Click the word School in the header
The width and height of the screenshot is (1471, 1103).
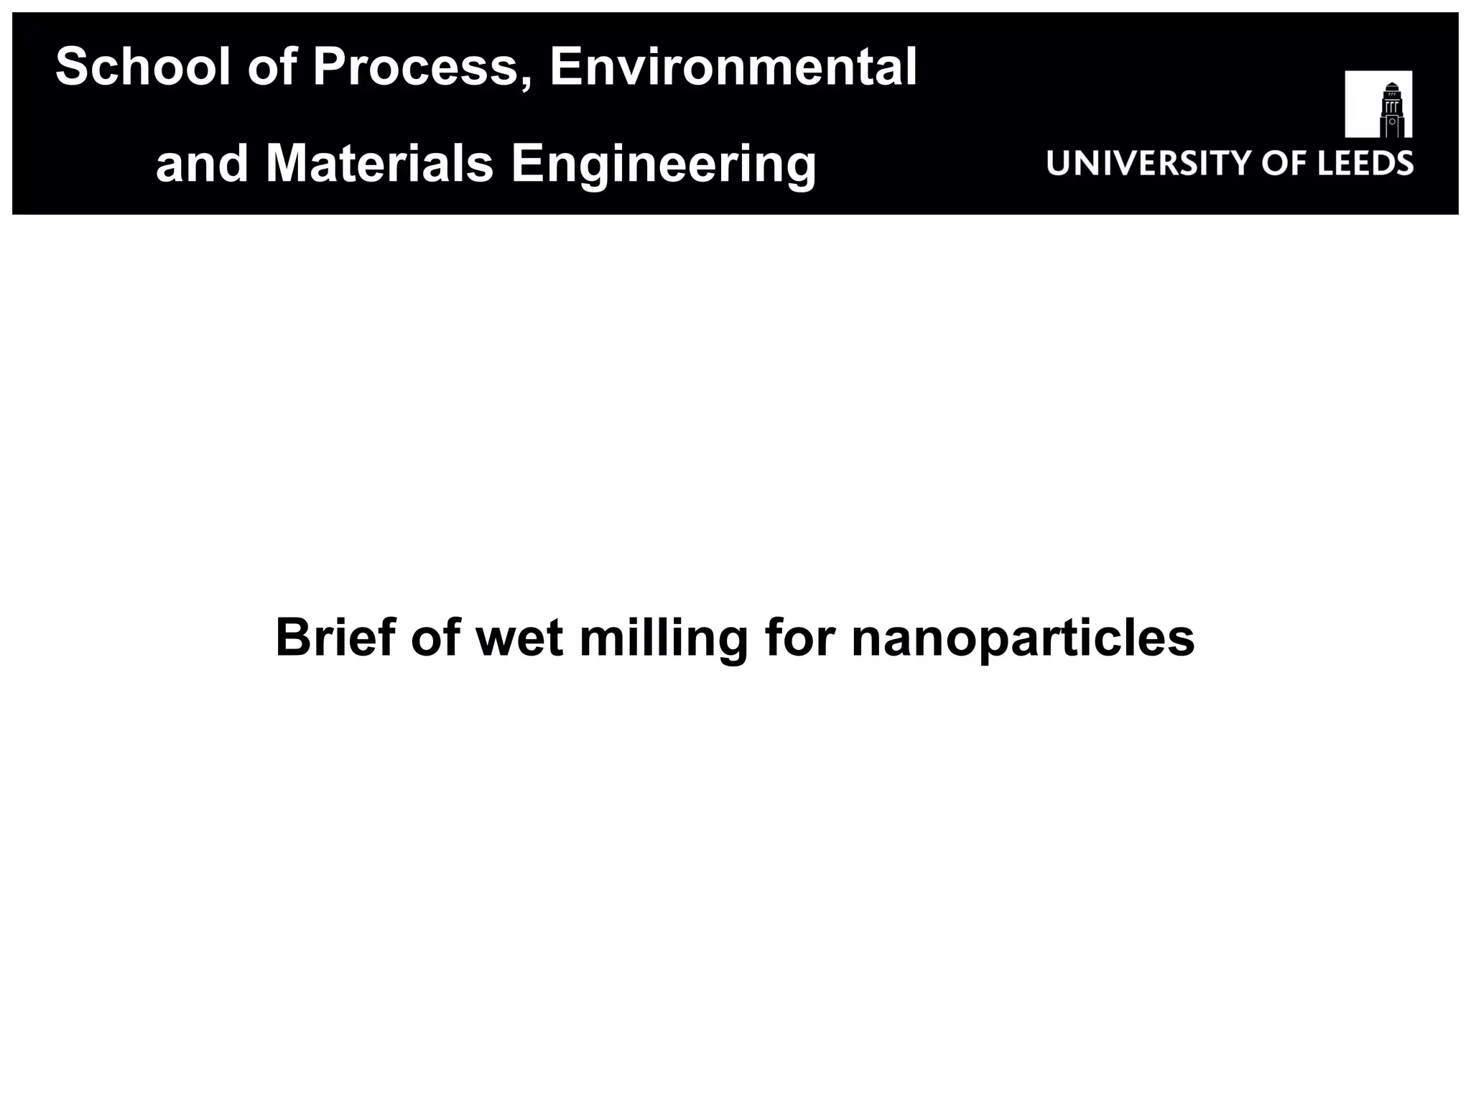click(x=143, y=67)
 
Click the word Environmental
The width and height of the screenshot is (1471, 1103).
click(x=733, y=67)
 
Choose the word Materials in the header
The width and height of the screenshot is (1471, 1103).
click(x=380, y=163)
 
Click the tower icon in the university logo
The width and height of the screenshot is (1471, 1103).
click(x=1378, y=104)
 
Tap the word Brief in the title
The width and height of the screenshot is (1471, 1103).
click(x=335, y=637)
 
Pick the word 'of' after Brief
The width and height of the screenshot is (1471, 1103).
click(x=435, y=637)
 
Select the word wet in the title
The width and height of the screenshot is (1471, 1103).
click(x=519, y=638)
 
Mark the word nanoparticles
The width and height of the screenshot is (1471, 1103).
click(x=1023, y=638)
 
